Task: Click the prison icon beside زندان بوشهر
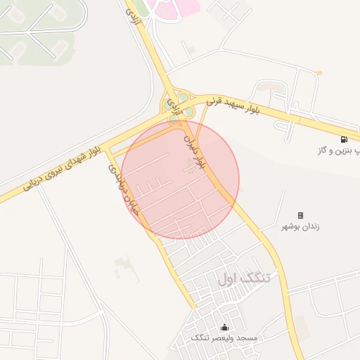[300, 215]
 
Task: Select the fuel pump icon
[344, 139]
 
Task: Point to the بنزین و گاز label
[340, 150]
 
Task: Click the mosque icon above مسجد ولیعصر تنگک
[224, 327]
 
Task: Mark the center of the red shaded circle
[180, 179]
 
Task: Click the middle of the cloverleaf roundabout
[177, 105]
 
